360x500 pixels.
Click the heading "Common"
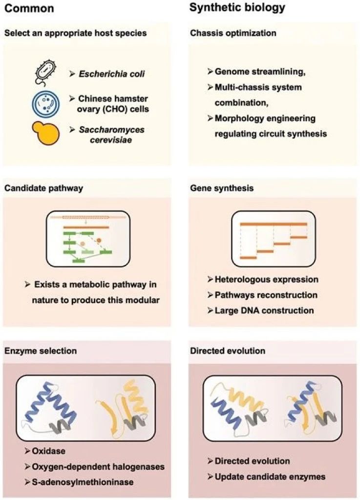[30, 9]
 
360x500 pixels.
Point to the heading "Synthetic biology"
[237, 8]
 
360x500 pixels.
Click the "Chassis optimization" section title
[233, 34]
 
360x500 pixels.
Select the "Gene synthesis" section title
[221, 188]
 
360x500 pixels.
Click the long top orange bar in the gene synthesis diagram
[274, 223]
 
